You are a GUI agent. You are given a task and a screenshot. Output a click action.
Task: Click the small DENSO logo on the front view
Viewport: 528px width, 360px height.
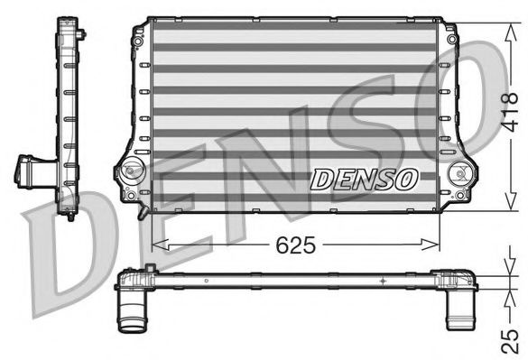(364, 179)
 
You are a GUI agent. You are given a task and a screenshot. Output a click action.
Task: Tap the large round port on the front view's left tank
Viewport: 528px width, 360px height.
(133, 170)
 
